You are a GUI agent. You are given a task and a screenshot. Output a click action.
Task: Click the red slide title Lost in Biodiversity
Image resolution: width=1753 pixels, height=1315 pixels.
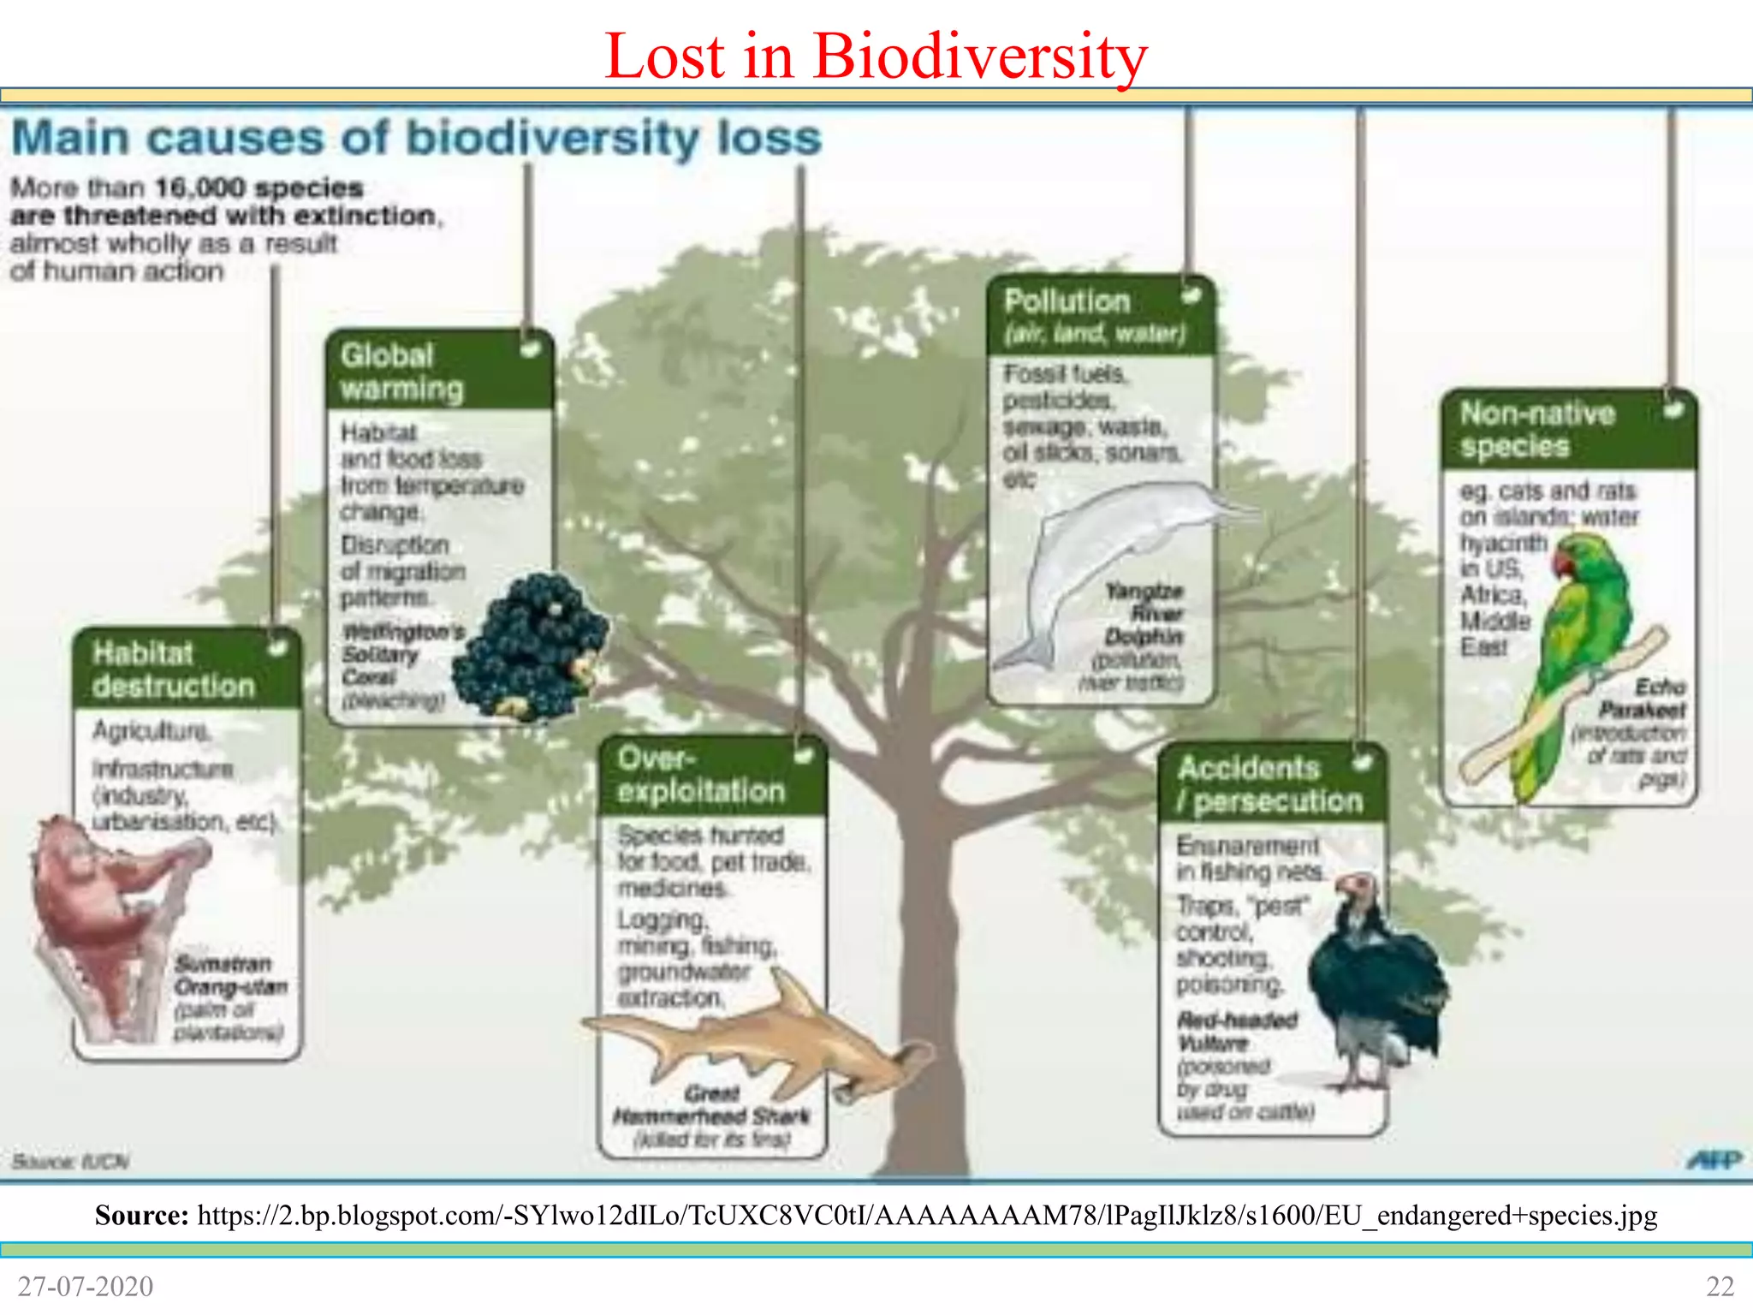tap(875, 57)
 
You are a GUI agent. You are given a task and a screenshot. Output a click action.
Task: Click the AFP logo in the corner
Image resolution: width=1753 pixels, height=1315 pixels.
tap(1714, 1160)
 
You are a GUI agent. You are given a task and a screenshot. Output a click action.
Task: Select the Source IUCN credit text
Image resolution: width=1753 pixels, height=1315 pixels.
tap(70, 1162)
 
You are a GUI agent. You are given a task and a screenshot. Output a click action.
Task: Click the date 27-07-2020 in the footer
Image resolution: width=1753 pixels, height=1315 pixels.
tap(86, 1286)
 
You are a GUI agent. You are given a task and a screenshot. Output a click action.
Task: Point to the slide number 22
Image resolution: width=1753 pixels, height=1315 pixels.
tap(1720, 1286)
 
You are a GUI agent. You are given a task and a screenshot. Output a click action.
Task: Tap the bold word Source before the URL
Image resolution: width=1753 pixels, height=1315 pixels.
tap(141, 1215)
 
